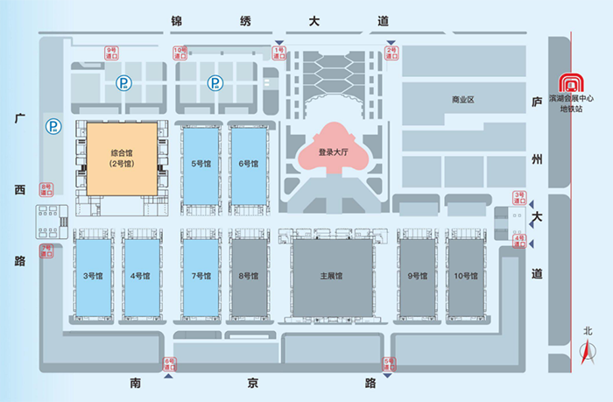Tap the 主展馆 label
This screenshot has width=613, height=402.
tap(332, 276)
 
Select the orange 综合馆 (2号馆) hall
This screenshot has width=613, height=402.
tap(122, 159)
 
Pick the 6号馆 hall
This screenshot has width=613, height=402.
tap(249, 164)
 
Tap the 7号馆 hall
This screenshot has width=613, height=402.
tap(201, 277)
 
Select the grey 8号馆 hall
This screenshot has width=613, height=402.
tap(249, 277)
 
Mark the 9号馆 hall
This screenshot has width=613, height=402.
tap(418, 277)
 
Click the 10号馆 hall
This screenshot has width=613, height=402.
tap(466, 277)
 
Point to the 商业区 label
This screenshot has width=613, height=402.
tap(462, 100)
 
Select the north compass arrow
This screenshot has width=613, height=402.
tap(588, 355)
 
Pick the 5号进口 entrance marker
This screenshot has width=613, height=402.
tap(390, 363)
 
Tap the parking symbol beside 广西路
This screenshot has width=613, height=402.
tap(54, 128)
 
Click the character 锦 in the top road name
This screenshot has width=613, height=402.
tap(179, 21)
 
